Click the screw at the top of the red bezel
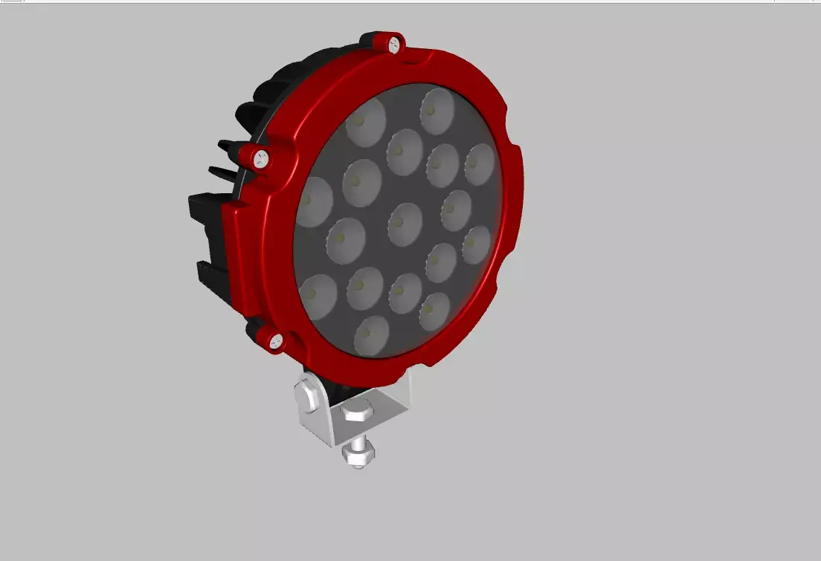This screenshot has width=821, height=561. (x=393, y=44)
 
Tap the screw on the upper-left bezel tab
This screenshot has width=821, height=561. (x=261, y=158)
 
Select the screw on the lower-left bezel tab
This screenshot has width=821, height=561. (x=275, y=340)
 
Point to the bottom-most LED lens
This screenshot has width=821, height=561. (x=372, y=336)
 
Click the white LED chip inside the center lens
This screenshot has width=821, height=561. (x=401, y=221)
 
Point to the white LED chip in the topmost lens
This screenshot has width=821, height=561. (x=431, y=110)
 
